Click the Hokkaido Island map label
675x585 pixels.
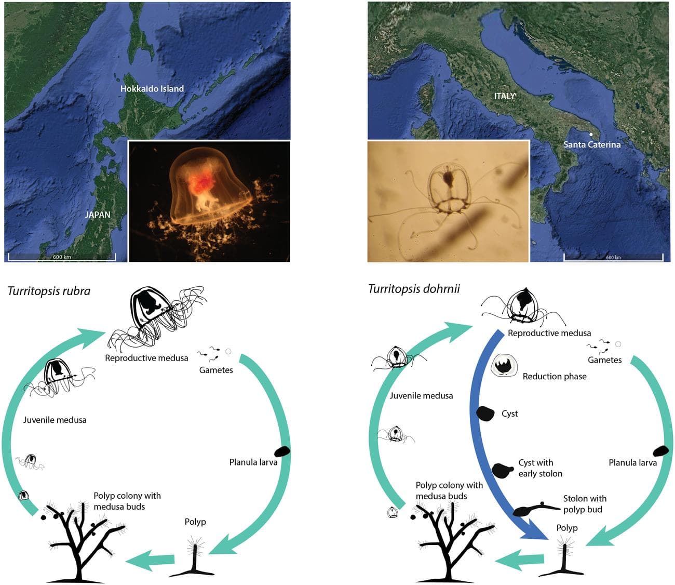tap(152, 89)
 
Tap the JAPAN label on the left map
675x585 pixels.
tap(98, 215)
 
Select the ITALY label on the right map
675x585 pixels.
tap(505, 96)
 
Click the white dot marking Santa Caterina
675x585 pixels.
tap(591, 134)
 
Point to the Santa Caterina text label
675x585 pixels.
tap(592, 144)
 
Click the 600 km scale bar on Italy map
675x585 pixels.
tap(613, 257)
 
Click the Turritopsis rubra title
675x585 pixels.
tap(49, 291)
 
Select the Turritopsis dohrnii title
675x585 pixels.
tap(414, 289)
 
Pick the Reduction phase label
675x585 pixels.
tap(555, 377)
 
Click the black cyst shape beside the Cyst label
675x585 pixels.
tap(485, 414)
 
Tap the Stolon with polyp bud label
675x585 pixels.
tap(585, 504)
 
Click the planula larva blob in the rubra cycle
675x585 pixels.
tap(282, 451)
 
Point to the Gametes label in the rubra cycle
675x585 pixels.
tap(216, 370)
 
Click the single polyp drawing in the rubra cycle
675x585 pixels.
tap(195, 559)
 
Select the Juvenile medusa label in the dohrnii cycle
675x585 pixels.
tap(421, 396)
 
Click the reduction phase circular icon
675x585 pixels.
tap(503, 366)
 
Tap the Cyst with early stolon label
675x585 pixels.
tap(540, 468)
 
